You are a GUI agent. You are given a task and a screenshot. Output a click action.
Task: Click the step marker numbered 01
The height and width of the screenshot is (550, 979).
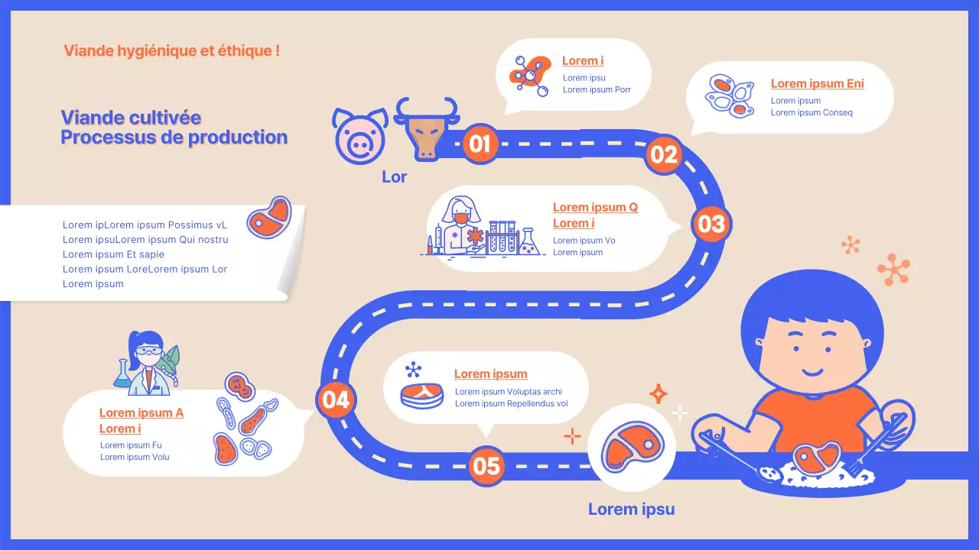480,144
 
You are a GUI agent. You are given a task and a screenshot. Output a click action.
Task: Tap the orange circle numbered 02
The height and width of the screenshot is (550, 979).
664,155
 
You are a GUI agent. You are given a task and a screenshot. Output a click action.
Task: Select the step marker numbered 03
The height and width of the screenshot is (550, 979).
711,224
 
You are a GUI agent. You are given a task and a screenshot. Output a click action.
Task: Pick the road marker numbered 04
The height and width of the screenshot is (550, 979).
335,400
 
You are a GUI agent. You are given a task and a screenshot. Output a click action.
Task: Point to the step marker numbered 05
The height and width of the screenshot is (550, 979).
486,465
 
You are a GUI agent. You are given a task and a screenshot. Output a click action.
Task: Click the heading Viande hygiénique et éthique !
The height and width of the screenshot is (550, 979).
171,51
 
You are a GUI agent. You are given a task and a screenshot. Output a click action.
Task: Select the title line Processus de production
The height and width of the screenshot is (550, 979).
174,137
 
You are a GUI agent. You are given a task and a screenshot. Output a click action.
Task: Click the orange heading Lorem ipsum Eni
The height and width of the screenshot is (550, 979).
817,84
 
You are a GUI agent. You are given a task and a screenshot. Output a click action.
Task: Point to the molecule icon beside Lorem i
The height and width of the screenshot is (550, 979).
529,74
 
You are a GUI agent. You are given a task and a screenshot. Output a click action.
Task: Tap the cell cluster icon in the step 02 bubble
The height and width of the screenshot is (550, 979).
730,95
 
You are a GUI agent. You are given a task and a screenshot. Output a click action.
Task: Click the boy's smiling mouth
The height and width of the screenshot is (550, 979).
812,372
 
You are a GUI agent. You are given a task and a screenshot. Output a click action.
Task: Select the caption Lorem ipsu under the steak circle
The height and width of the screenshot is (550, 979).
631,510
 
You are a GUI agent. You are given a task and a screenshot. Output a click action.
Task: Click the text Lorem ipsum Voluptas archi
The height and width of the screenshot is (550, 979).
508,392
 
